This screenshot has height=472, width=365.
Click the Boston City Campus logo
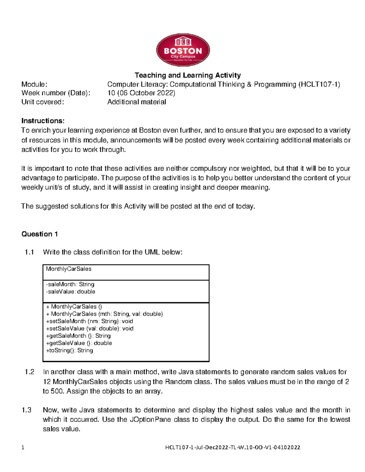[x=183, y=50]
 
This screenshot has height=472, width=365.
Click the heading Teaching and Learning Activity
[x=188, y=75]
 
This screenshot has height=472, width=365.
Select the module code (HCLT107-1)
[x=319, y=84]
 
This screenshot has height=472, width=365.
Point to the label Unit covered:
[x=43, y=102]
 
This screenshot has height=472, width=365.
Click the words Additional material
[x=137, y=102]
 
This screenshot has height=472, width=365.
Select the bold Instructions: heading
[x=43, y=121]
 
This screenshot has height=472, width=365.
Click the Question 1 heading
[x=40, y=234]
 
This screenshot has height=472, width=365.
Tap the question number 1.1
[x=29, y=252]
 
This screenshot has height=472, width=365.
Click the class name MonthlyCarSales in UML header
[x=68, y=269]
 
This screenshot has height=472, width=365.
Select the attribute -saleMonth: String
[x=70, y=284]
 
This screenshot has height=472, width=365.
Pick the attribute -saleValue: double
[x=71, y=292]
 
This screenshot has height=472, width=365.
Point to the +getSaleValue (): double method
[x=79, y=343]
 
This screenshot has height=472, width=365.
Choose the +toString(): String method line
[x=69, y=350]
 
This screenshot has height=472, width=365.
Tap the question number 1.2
[x=29, y=372]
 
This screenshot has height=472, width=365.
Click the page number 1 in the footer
[x=23, y=447]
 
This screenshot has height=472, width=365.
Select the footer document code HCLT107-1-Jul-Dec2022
[x=198, y=447]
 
